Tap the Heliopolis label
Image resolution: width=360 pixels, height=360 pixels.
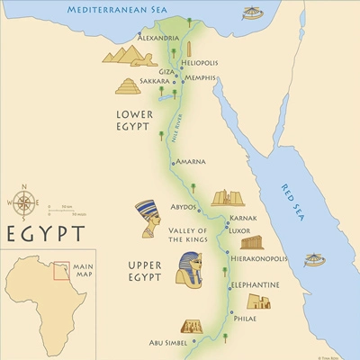(x=201, y=63)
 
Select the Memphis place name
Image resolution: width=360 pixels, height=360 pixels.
(x=200, y=78)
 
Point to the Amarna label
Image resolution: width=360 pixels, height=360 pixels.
(x=191, y=162)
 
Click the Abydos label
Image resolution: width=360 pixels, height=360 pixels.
(x=184, y=206)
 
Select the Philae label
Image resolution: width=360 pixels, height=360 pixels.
(x=244, y=318)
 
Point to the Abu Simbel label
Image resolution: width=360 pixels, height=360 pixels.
(x=168, y=343)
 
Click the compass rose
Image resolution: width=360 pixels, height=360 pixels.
(x=25, y=202)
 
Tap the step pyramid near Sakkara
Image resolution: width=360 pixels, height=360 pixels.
(x=129, y=86)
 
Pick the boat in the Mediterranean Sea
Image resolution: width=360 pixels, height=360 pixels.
(x=254, y=13)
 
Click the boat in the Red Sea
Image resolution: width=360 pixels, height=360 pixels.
(x=313, y=260)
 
